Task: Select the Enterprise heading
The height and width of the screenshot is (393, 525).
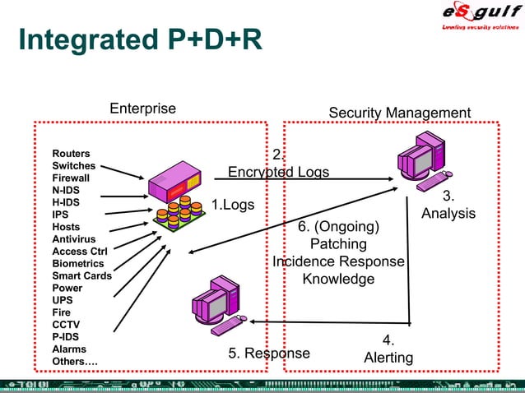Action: click(x=142, y=109)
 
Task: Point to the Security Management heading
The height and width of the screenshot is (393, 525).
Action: click(x=399, y=113)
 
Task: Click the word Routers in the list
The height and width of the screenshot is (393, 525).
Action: click(x=72, y=154)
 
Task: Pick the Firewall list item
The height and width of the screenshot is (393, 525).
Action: click(x=72, y=178)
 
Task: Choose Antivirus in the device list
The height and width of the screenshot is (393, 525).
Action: click(x=73, y=239)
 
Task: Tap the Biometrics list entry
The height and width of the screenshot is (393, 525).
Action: click(x=77, y=264)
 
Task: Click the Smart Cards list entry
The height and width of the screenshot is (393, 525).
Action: click(x=81, y=276)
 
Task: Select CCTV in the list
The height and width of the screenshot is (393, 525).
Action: click(x=66, y=325)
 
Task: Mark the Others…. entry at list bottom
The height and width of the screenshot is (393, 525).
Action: click(x=75, y=362)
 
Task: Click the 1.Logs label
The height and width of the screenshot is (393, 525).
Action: click(x=233, y=204)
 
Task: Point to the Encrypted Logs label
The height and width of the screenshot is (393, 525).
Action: click(x=278, y=172)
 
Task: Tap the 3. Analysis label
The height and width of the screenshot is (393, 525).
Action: click(x=448, y=205)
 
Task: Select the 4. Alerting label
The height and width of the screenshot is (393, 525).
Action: click(x=388, y=349)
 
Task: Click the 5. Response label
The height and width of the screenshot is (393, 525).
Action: click(x=269, y=354)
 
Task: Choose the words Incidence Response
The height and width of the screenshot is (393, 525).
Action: click(x=338, y=261)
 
